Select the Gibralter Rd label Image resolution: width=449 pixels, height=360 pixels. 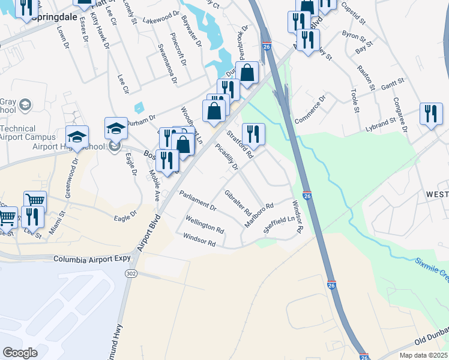pyautogui.click(x=237, y=202)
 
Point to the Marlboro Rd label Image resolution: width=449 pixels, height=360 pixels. pyautogui.click(x=259, y=214)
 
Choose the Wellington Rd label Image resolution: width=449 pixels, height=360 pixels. pyautogui.click(x=205, y=226)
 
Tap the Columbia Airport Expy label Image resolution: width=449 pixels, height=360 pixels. pyautogui.click(x=91, y=259)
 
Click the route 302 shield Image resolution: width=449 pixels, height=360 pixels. pyautogui.click(x=131, y=273)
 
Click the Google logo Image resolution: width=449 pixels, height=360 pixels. pyautogui.click(x=20, y=353)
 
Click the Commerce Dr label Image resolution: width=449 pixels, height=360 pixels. pyautogui.click(x=310, y=107)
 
